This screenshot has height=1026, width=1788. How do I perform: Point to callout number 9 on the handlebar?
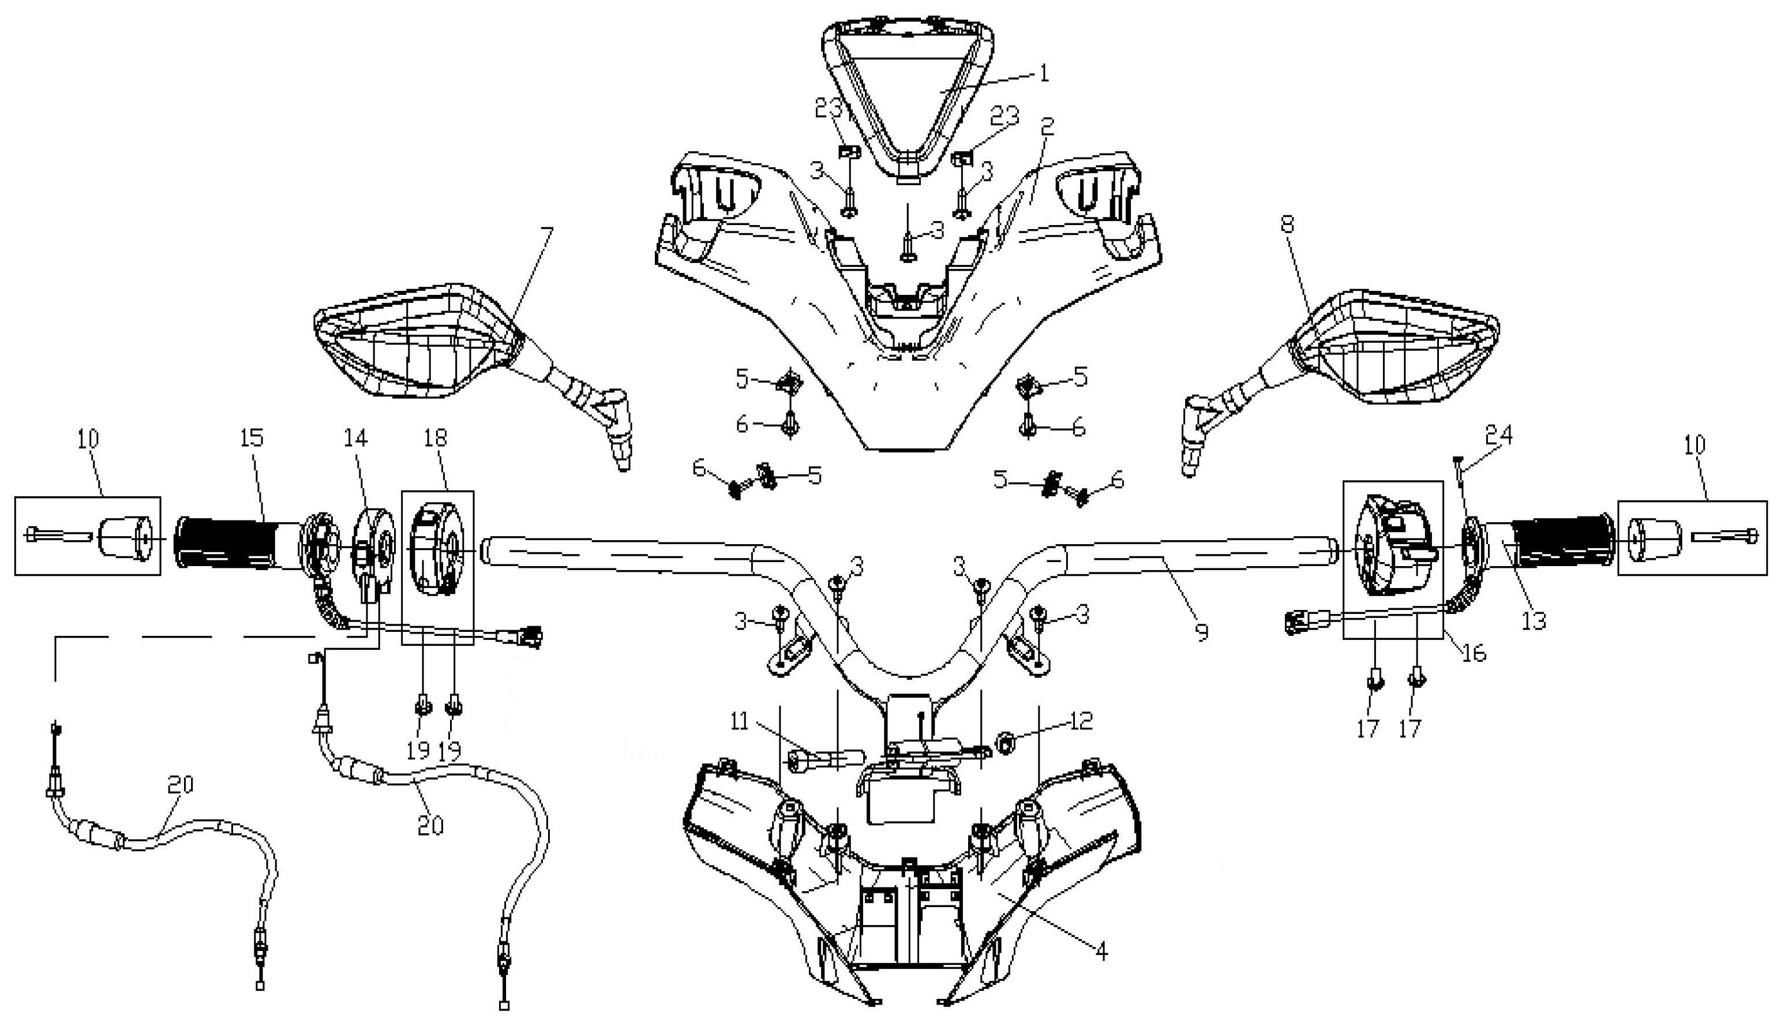(x=1202, y=631)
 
